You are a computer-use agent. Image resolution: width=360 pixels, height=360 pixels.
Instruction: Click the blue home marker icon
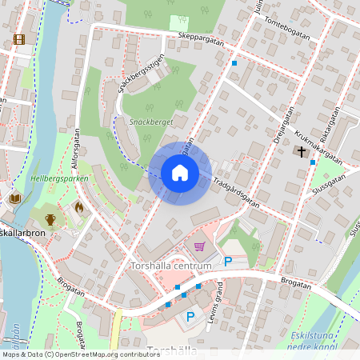[180, 173]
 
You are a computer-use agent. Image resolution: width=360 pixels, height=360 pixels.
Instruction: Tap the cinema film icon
[19, 38]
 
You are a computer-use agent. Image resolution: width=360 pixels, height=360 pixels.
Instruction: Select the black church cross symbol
[302, 150]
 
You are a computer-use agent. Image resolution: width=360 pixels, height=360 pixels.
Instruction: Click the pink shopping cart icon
[199, 246]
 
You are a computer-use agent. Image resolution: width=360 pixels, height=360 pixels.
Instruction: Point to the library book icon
[14, 198]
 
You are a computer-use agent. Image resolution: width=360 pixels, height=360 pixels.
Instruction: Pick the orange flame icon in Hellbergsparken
[78, 206]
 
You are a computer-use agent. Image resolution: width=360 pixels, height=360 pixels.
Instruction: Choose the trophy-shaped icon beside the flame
[50, 218]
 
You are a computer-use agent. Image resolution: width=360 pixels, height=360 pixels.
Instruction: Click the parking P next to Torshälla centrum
[228, 261]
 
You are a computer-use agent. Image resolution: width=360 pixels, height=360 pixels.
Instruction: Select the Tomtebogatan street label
[285, 30]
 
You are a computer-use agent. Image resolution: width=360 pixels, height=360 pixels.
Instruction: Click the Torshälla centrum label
[170, 265]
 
